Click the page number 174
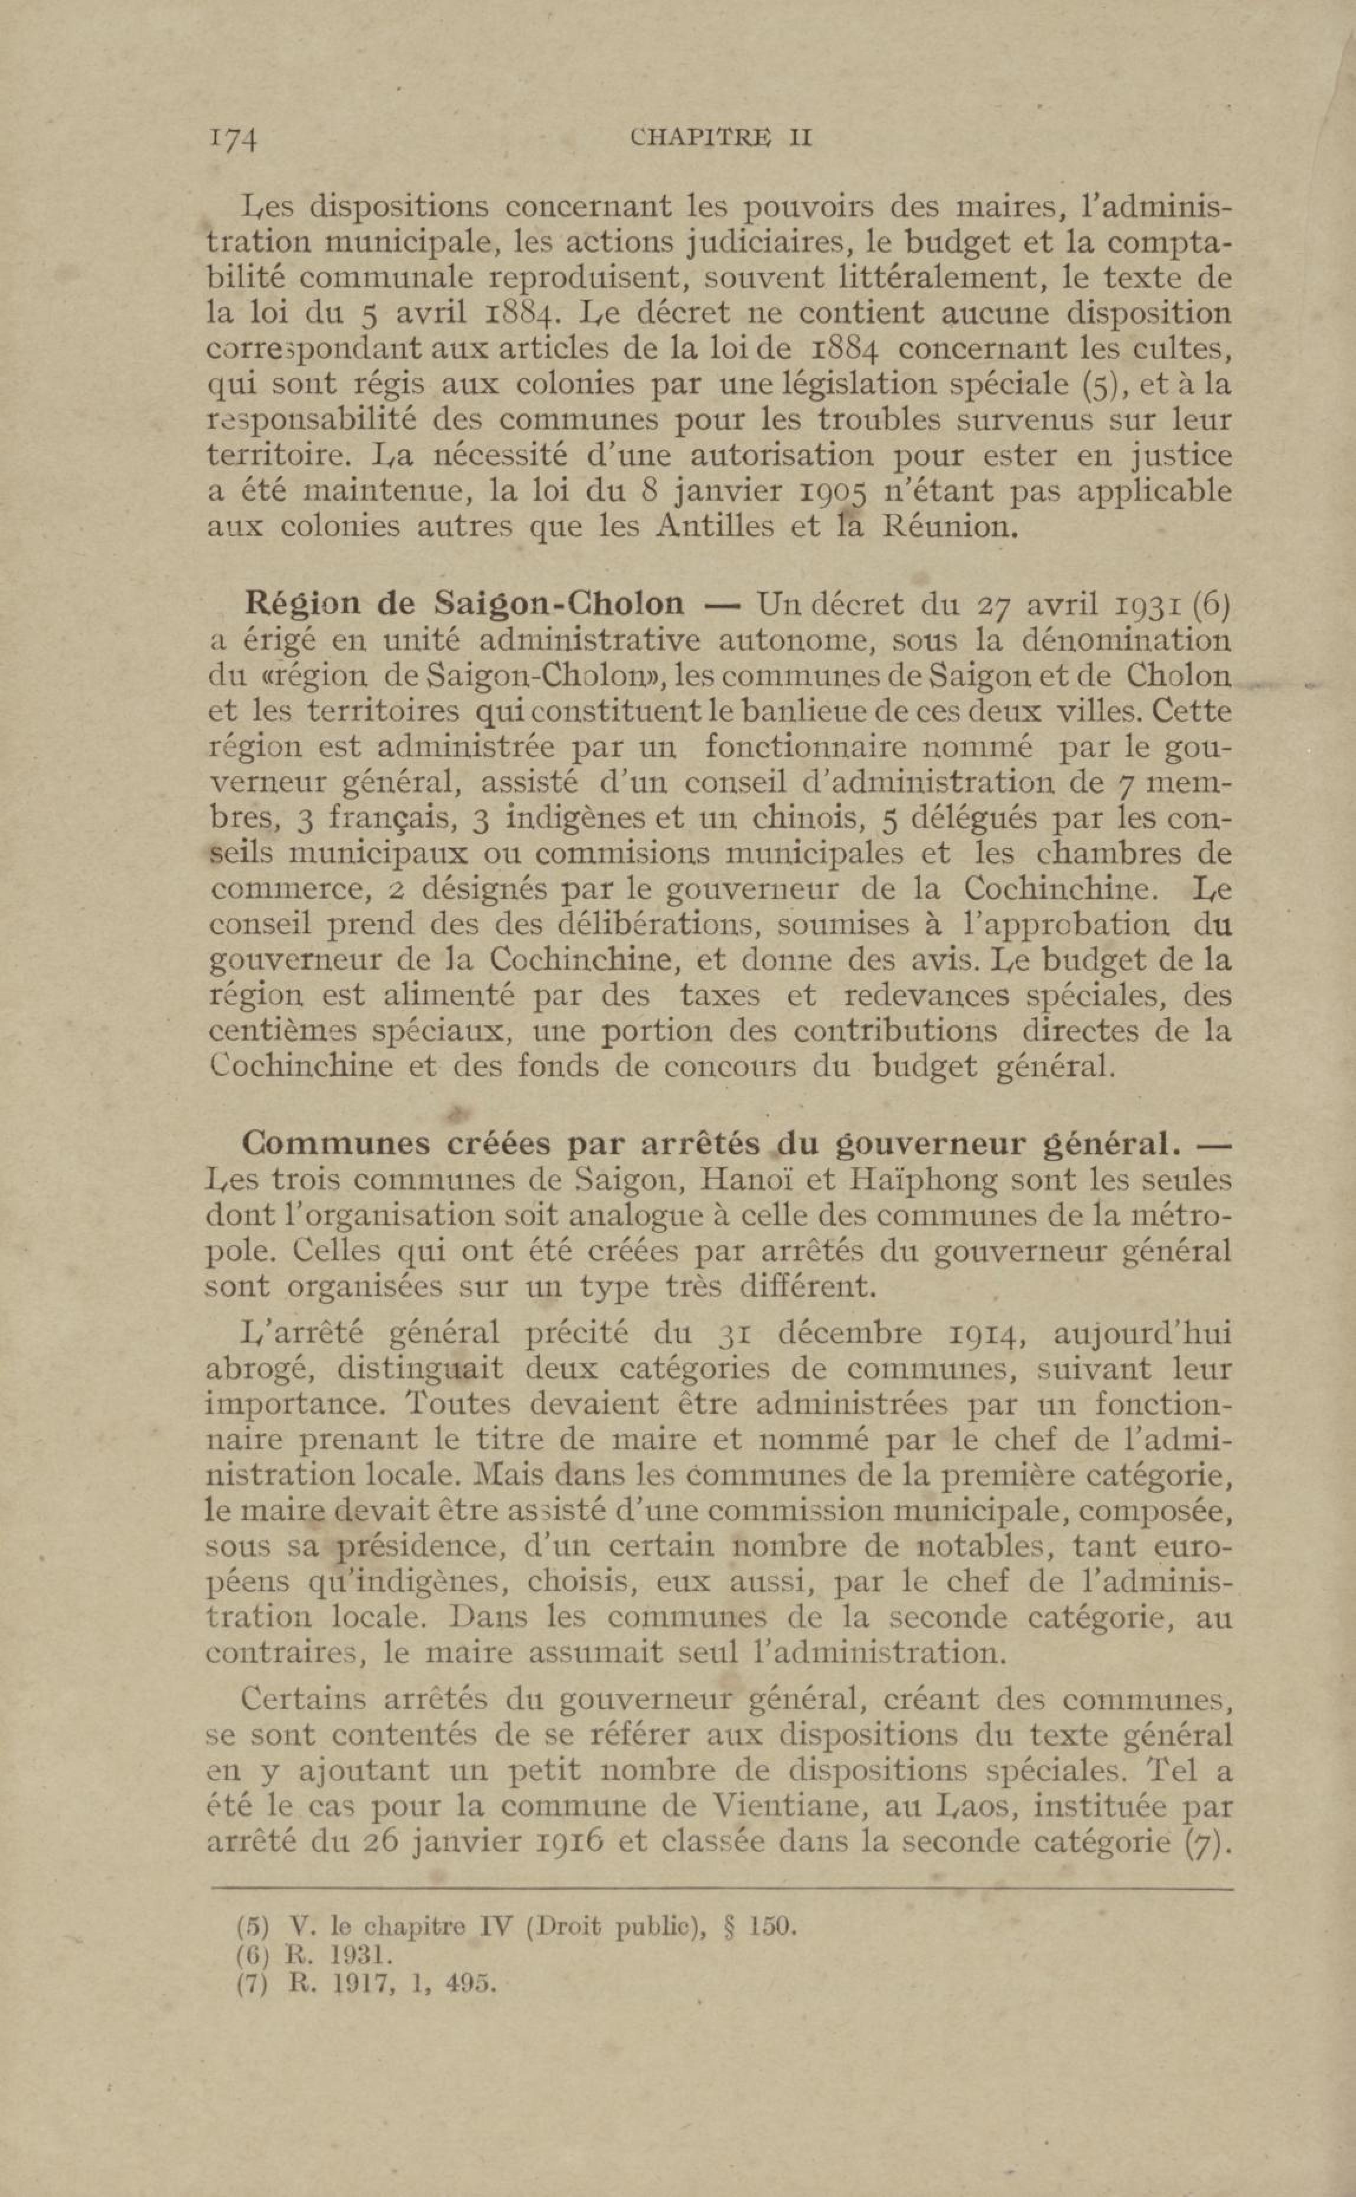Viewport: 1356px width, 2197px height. click(x=233, y=140)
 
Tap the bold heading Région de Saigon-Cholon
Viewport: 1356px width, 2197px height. click(x=465, y=604)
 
